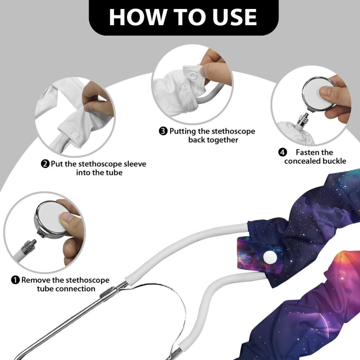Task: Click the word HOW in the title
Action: pos(137,17)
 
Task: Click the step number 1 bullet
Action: pos(15,280)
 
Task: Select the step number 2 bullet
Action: pos(45,164)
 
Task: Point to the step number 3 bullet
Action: pos(163,131)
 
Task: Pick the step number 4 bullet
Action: pos(283,152)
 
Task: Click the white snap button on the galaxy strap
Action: pos(270,257)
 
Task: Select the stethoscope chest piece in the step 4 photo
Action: pos(319,94)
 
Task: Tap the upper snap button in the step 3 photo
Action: pos(193,76)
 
